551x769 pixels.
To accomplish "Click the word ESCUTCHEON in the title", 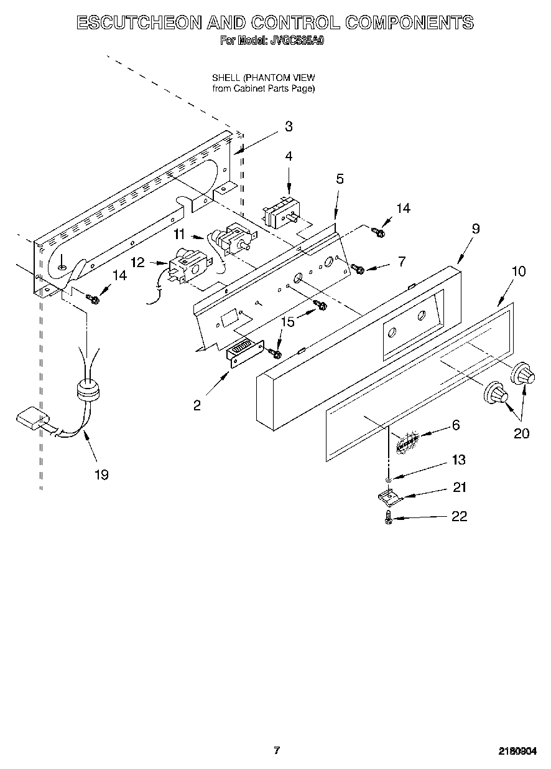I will point(139,23).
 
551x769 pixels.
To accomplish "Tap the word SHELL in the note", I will point(226,78).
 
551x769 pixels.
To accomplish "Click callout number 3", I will point(288,126).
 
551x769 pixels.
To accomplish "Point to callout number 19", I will point(101,474).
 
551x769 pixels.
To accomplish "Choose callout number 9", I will point(475,229).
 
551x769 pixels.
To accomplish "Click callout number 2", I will point(197,405).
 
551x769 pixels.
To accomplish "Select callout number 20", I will point(521,433).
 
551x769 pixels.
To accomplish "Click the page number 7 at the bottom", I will point(277,750).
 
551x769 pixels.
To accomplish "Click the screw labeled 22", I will point(389,517).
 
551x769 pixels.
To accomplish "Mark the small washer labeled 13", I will point(389,478).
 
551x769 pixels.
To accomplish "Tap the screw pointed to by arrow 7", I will point(358,268).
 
